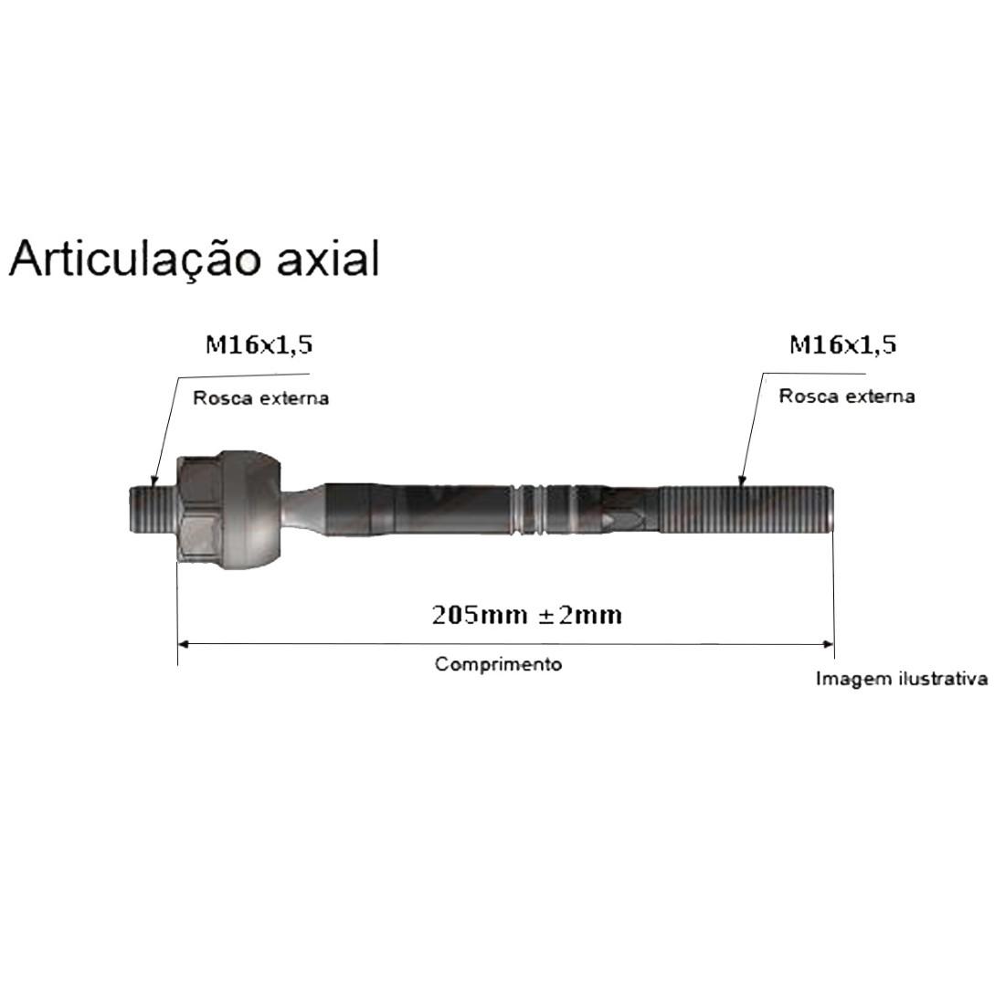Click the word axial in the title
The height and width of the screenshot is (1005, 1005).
pyautogui.click(x=326, y=259)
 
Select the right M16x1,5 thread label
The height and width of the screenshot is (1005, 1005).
pyautogui.click(x=843, y=344)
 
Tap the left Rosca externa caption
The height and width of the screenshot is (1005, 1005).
pyautogui.click(x=260, y=398)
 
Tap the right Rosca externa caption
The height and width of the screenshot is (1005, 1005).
pyautogui.click(x=846, y=397)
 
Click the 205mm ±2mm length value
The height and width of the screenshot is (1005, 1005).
pyautogui.click(x=527, y=615)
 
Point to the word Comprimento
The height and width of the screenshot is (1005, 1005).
pyautogui.click(x=498, y=664)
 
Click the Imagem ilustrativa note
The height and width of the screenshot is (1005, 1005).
pyautogui.click(x=901, y=680)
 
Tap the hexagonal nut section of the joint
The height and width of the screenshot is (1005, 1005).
pyautogui.click(x=199, y=509)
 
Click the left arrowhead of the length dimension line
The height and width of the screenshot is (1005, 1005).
pyautogui.click(x=182, y=644)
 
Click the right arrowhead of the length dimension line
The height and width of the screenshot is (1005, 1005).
pyautogui.click(x=829, y=644)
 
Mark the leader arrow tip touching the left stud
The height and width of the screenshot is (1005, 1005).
pyautogui.click(x=154, y=484)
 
